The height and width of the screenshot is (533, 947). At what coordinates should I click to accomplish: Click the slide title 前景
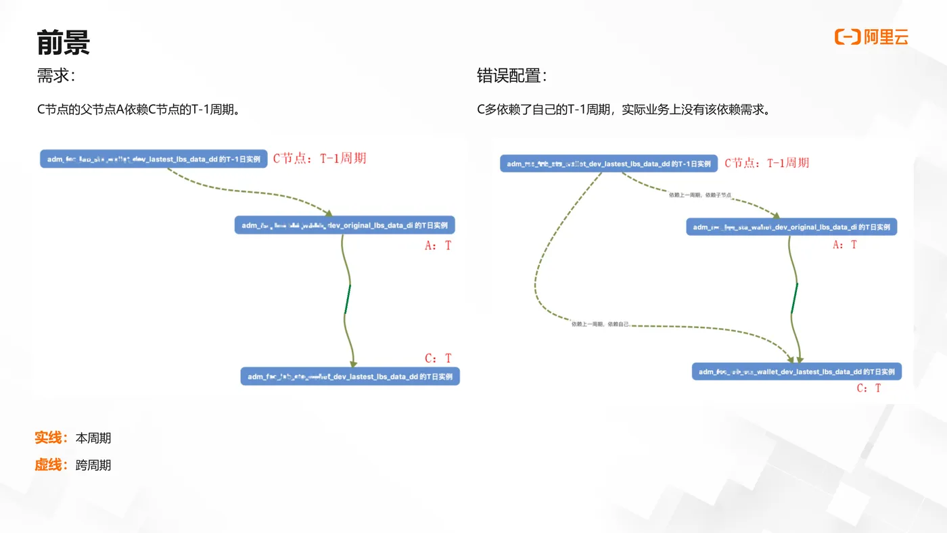tap(63, 43)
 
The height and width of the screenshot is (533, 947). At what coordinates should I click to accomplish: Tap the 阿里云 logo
tap(871, 37)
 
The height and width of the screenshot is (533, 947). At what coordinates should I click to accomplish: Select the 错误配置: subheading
tap(511, 76)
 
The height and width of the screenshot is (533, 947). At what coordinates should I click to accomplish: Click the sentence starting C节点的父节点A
tap(139, 110)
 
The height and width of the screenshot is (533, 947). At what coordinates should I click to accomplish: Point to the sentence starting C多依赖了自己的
tap(623, 110)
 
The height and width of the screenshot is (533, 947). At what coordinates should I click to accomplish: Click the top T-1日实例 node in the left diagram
tap(154, 159)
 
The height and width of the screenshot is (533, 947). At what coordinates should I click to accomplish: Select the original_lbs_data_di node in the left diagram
tap(344, 225)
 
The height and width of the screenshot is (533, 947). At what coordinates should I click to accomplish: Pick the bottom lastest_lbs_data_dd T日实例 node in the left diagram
tap(350, 377)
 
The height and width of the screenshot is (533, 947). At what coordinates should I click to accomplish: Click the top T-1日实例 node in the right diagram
tap(608, 164)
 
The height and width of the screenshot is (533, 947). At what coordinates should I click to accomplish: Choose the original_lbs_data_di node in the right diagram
tap(791, 227)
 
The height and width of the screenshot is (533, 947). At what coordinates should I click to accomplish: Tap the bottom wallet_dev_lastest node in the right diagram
tap(796, 371)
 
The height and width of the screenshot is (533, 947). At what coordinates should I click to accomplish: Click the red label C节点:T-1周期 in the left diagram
tap(319, 158)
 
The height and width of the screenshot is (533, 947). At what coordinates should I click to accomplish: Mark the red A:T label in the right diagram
tap(844, 245)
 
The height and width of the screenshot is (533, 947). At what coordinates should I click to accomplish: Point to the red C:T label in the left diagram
tap(438, 358)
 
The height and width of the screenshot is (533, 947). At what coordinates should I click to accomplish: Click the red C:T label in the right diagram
tap(869, 388)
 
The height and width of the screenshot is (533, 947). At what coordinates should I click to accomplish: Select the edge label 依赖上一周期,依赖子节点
tap(699, 195)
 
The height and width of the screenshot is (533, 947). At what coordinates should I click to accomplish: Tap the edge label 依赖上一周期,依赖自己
tap(600, 324)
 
